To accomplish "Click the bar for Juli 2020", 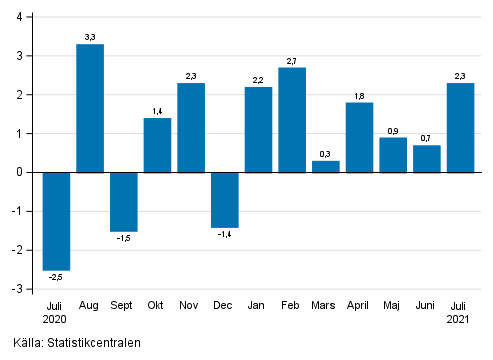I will [57, 220].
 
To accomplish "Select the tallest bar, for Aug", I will [91, 108].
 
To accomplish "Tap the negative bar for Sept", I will [124, 201].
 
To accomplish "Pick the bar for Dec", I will [225, 199].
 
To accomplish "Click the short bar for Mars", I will [326, 166].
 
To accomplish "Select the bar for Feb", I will [292, 120].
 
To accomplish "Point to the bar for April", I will [360, 137].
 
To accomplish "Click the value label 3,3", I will [91, 37].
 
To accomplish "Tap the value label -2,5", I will [57, 277].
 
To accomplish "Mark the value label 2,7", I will [292, 60].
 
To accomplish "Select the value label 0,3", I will [326, 153].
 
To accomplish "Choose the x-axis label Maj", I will [393, 304].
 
